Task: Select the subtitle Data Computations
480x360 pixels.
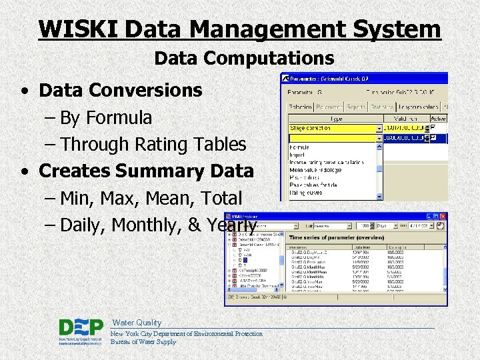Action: (244, 59)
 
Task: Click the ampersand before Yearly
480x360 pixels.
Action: (195, 225)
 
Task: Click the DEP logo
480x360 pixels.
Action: (81, 331)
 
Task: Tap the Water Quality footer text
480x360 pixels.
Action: (137, 322)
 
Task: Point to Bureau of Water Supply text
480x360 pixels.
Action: (143, 342)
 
